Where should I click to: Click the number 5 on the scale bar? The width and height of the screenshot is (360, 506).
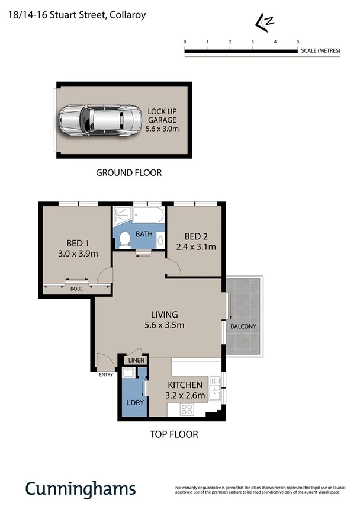pyautogui.click(x=297, y=41)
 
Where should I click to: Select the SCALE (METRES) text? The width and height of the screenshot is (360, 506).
pyautogui.click(x=320, y=51)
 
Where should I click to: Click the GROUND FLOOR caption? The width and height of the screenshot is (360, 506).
pyautogui.click(x=128, y=173)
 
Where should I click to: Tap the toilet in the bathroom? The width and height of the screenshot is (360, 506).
pyautogui.click(x=125, y=239)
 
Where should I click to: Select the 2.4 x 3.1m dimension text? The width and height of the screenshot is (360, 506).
pyautogui.click(x=195, y=247)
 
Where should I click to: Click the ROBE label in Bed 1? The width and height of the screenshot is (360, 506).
pyautogui.click(x=76, y=290)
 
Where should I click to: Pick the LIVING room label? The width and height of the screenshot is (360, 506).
pyautogui.click(x=164, y=315)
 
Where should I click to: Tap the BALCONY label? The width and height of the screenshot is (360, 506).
pyautogui.click(x=243, y=326)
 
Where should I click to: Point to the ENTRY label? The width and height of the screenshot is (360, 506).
pyautogui.click(x=106, y=374)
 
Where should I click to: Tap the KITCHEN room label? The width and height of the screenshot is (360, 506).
pyautogui.click(x=186, y=385)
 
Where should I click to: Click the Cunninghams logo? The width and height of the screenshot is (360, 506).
pyautogui.click(x=80, y=488)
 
